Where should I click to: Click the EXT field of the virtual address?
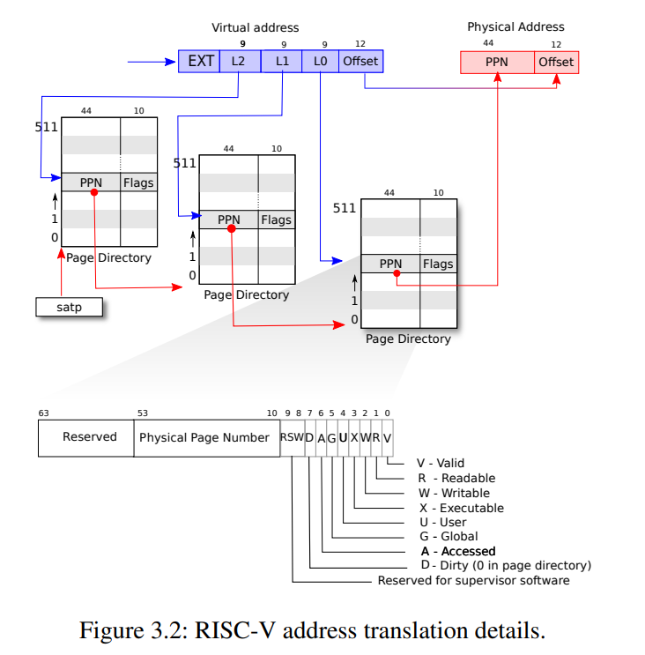pyautogui.click(x=201, y=61)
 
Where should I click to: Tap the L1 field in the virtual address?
pyautogui.click(x=282, y=61)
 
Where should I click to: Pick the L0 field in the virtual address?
pyautogui.click(x=321, y=61)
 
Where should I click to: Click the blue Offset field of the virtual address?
pyautogui.click(x=360, y=61)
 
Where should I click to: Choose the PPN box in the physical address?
pyautogui.click(x=497, y=62)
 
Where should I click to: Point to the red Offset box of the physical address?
pyautogui.click(x=556, y=62)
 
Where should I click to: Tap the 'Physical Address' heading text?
pyautogui.click(x=515, y=27)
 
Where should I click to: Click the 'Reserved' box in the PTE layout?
pyautogui.click(x=89, y=437)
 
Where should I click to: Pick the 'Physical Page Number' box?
pyautogui.click(x=204, y=437)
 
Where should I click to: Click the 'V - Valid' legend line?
pyautogui.click(x=440, y=463)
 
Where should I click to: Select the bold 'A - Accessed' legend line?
pyautogui.click(x=458, y=551)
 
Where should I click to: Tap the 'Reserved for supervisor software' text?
pyautogui.click(x=473, y=580)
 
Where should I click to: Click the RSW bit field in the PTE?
pyautogui.click(x=291, y=437)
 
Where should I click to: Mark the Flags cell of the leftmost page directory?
pyautogui.click(x=138, y=182)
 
